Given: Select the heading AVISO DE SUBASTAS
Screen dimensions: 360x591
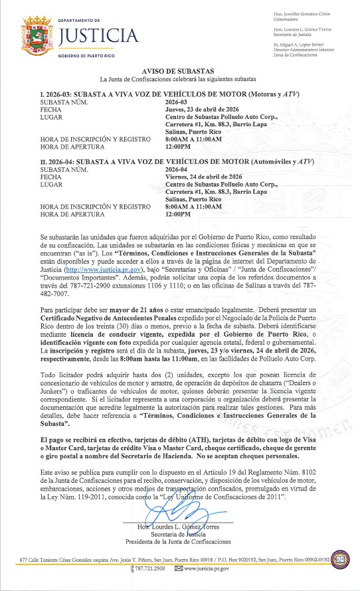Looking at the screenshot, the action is [x=179, y=71].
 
